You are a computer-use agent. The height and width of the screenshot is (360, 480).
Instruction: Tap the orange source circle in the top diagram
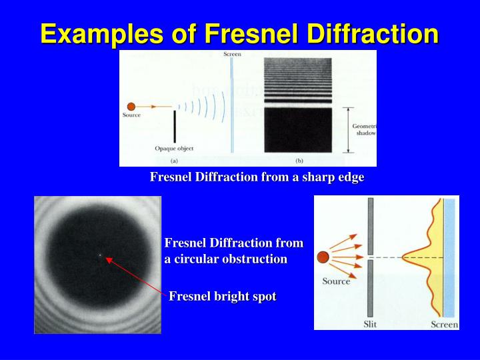[x=131, y=106]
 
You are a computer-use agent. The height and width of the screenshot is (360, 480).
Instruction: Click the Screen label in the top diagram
[x=231, y=54]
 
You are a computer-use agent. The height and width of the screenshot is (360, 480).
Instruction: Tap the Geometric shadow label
[x=364, y=129]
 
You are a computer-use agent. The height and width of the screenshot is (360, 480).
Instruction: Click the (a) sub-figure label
[x=174, y=161]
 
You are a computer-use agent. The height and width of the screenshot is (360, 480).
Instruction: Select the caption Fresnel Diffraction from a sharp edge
[x=257, y=177]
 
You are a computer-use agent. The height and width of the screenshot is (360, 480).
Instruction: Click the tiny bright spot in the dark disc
[x=99, y=255]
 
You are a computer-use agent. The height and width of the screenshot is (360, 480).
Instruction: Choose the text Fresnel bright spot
[x=222, y=297]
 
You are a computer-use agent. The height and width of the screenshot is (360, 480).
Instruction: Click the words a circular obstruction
[x=226, y=259]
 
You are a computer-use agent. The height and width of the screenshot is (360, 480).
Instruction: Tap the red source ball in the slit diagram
[x=323, y=257]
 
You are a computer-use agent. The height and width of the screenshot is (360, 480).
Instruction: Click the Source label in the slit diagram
[x=336, y=281]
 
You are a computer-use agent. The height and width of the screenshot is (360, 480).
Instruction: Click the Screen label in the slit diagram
[x=444, y=324]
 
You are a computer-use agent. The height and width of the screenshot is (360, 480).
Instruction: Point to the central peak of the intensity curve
[x=405, y=257]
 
